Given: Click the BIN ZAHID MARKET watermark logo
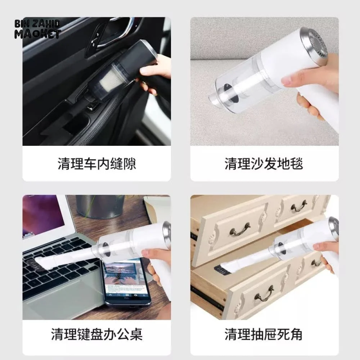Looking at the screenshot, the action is coord(37,29).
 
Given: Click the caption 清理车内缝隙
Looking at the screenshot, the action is coord(96,164).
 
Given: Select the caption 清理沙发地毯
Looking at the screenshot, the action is coord(264,164).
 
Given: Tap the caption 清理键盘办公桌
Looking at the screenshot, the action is coord(96,334).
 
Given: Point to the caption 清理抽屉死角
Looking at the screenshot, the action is coord(264,334).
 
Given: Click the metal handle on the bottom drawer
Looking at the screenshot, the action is coord(264,294).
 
